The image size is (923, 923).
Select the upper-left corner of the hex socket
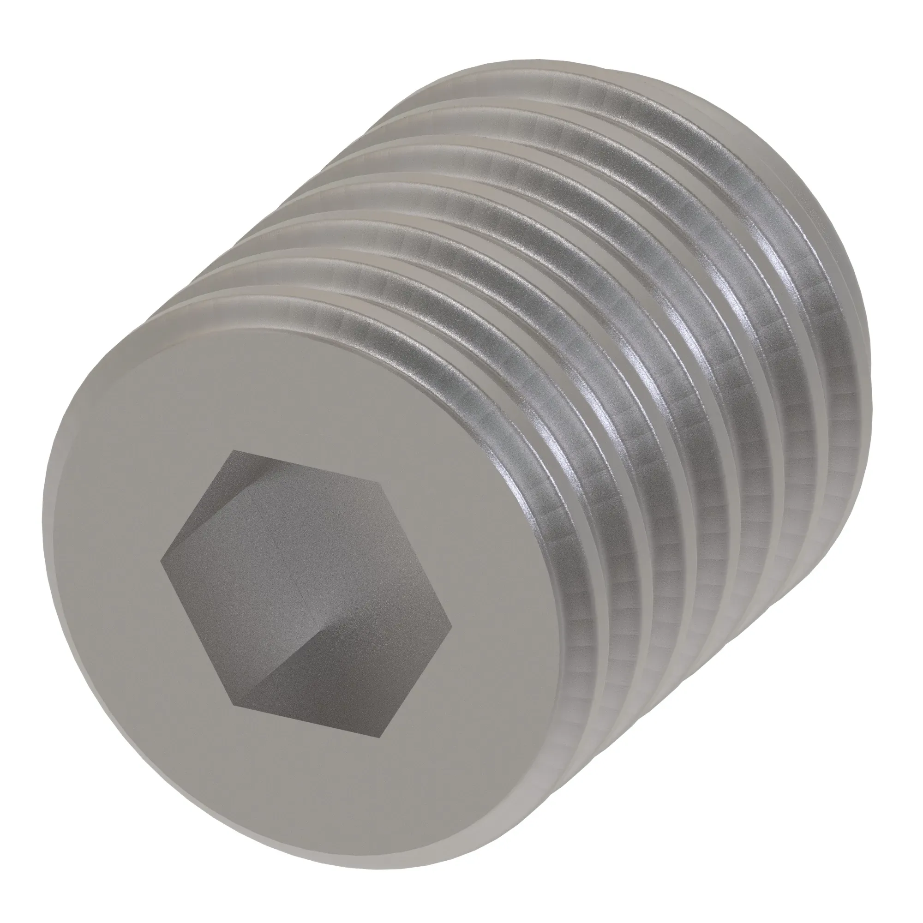click(232, 450)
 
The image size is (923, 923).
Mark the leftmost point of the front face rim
click(42, 564)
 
